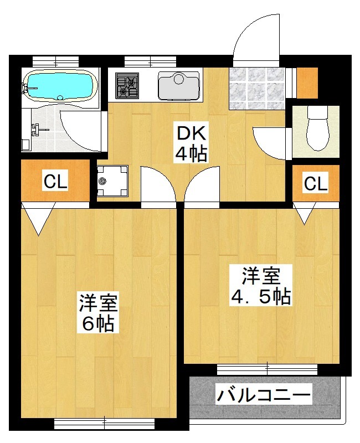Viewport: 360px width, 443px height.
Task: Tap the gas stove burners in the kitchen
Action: click(x=127, y=86)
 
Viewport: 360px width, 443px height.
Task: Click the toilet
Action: click(x=317, y=128)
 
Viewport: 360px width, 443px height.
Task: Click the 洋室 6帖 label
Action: click(x=97, y=312)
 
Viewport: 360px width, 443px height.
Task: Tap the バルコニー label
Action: click(x=264, y=393)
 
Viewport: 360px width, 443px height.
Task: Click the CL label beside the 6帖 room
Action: click(x=55, y=181)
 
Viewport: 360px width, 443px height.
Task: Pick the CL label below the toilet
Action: click(x=316, y=183)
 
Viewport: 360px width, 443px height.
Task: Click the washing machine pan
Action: click(x=112, y=181)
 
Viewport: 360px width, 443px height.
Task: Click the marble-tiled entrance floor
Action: click(x=256, y=88)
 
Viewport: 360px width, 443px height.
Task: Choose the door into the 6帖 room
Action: click(x=158, y=184)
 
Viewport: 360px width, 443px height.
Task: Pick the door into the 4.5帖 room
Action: click(x=202, y=184)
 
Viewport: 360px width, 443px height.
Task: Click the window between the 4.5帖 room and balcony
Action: click(x=267, y=370)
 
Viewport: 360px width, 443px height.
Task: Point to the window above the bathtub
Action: click(x=55, y=61)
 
